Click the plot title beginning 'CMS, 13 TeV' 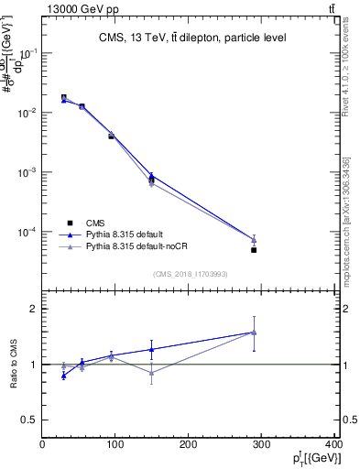(192, 38)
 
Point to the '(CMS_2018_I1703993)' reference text (191, 273)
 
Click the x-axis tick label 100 (115, 446)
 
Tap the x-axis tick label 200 (188, 446)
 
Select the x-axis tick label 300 (261, 446)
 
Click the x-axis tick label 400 (333, 446)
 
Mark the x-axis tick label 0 (42, 446)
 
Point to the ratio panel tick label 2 (32, 310)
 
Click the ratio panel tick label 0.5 (27, 420)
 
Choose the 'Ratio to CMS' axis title (14, 364)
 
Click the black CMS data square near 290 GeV (254, 250)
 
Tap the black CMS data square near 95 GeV (111, 136)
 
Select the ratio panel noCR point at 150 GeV (151, 373)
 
